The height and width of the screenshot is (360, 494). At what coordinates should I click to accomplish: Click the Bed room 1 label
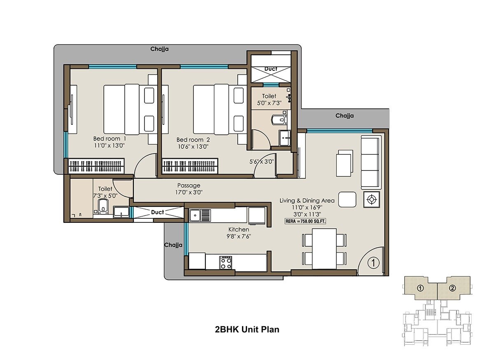click(x=110, y=138)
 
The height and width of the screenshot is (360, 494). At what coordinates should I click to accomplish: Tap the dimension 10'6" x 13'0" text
click(x=193, y=146)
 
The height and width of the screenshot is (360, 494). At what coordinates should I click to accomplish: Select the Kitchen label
click(x=239, y=229)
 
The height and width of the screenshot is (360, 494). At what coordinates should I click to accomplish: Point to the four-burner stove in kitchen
click(x=226, y=262)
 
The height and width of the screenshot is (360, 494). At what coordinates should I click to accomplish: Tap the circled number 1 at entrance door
click(x=372, y=261)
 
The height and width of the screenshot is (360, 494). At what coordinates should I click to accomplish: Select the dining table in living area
click(x=324, y=248)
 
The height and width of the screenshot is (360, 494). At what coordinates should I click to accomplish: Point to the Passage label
click(x=189, y=185)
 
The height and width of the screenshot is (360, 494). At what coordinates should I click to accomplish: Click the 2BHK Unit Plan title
click(x=247, y=329)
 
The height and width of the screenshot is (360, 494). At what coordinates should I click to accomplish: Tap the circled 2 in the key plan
click(x=452, y=288)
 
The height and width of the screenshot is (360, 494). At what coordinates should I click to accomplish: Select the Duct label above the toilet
click(x=271, y=69)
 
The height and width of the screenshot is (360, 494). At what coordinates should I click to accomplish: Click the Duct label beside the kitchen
click(x=157, y=212)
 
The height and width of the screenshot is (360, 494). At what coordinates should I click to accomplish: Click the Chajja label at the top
click(x=159, y=49)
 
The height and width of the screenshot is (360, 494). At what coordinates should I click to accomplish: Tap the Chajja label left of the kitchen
click(x=173, y=245)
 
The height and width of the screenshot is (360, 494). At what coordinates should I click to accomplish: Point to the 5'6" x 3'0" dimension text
click(x=262, y=162)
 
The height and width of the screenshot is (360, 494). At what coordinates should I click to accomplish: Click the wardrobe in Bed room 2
click(x=190, y=166)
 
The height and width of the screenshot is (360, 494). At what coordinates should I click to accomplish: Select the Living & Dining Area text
click(x=307, y=201)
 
